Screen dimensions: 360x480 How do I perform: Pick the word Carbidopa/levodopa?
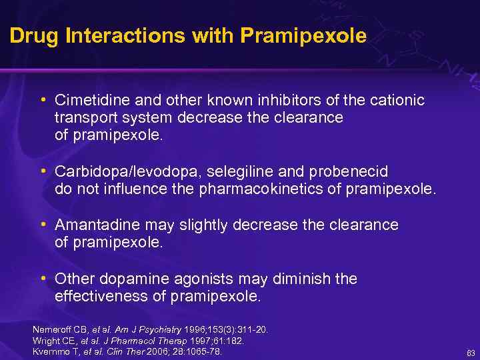[x=116, y=172]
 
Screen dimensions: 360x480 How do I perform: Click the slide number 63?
[x=470, y=352]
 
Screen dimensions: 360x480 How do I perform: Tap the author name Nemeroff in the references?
[x=51, y=329]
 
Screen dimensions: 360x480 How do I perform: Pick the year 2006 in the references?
[x=159, y=351]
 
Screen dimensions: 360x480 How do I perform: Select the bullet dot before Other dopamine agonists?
[x=43, y=277]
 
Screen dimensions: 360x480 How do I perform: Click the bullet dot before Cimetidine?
[x=43, y=99]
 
